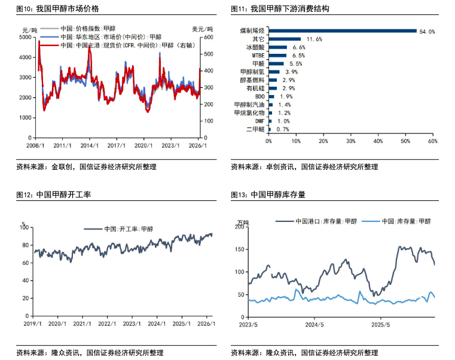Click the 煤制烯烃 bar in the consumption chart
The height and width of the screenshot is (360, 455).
(x=342, y=30)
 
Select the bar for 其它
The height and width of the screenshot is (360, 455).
(x=285, y=39)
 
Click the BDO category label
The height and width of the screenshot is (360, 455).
(x=259, y=96)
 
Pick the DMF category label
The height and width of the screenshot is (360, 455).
(x=259, y=120)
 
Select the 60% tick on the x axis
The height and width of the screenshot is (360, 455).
(x=432, y=141)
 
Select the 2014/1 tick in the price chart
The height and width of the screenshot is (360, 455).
(x=89, y=145)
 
